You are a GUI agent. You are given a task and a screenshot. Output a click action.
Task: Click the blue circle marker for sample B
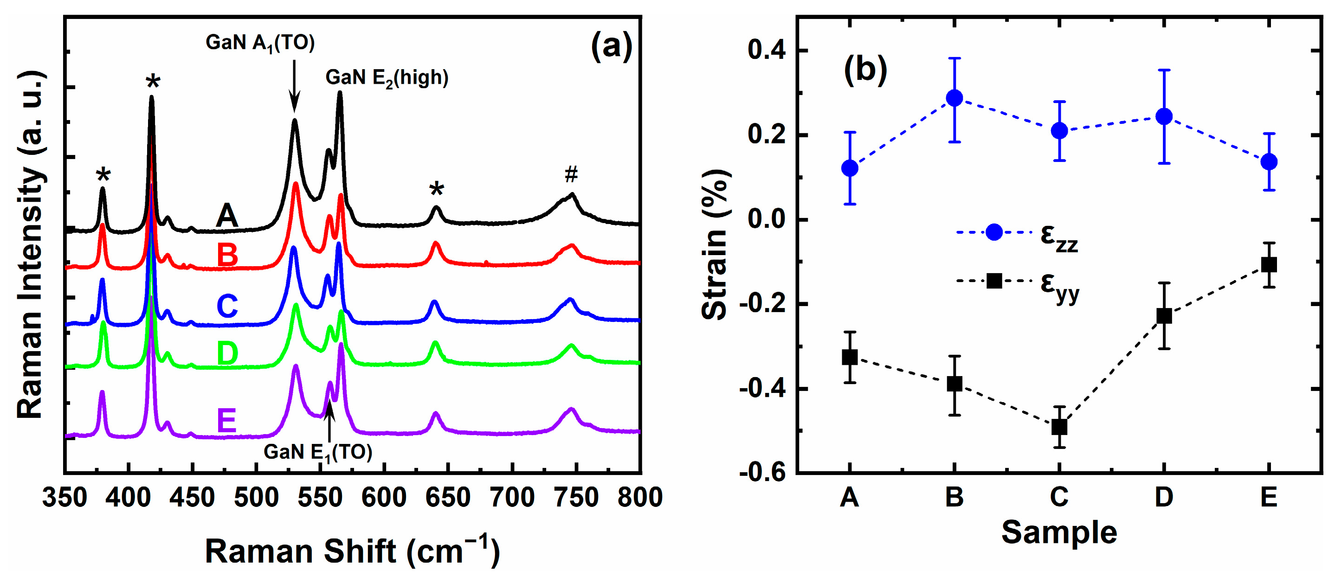pos(954,98)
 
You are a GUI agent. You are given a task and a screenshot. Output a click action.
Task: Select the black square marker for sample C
pos(1059,427)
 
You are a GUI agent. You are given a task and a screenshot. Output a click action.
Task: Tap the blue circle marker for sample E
pos(1269,161)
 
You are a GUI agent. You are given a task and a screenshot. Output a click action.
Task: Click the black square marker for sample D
pos(1164,315)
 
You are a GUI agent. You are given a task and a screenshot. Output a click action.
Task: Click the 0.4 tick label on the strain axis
pos(766,50)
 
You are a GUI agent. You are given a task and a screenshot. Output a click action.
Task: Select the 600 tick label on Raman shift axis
pos(383,498)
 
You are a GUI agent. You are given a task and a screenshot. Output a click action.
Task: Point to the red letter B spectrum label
pos(227,256)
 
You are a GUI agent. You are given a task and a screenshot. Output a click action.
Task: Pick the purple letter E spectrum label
pos(226,421)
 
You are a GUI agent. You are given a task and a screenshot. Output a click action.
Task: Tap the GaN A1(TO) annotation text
pos(260,43)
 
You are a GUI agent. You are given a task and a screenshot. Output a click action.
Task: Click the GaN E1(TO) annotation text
pos(318,453)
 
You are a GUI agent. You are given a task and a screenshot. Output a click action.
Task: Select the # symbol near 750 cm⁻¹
pos(571,174)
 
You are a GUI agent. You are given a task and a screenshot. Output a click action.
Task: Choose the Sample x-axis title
pos(1059,532)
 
